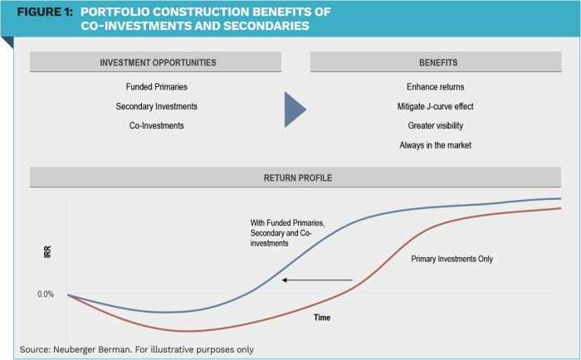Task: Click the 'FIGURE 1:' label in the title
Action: pos(45,12)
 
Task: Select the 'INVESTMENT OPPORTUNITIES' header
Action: pos(158,62)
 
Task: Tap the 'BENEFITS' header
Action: pos(438,62)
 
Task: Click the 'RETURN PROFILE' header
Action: pos(297,178)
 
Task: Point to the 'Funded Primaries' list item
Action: pos(156,86)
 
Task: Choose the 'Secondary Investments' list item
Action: pos(156,106)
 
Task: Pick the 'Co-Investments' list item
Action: pos(156,125)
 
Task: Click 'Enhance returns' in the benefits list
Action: pos(436,86)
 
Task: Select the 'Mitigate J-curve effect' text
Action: pos(436,106)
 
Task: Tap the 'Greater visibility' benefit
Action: pos(436,125)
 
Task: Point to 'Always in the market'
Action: pos(436,145)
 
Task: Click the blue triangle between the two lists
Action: pos(294,109)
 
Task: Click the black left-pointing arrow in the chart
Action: pos(317,280)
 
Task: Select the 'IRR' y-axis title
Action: pos(47,252)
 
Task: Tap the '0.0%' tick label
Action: pos(46,294)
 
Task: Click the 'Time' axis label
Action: pos(322,318)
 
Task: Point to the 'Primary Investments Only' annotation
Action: pos(452,259)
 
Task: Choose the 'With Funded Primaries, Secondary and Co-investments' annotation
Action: pos(287,233)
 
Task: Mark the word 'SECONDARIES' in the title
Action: pos(266,26)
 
